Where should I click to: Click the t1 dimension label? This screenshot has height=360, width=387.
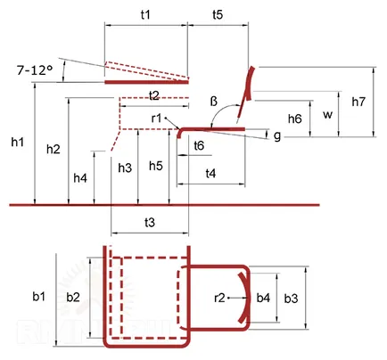[x=145, y=14]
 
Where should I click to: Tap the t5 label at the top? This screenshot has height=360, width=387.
[x=218, y=14]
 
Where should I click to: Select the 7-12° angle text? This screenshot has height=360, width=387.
[x=35, y=70]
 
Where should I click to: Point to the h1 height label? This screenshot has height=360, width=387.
[x=17, y=143]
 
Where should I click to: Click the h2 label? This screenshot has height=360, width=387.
[x=54, y=149]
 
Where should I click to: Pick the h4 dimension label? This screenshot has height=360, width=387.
[x=80, y=178]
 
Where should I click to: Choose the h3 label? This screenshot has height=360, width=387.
[x=125, y=168]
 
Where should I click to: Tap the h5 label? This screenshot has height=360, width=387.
[x=156, y=166]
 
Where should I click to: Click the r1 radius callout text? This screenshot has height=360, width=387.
[x=156, y=119]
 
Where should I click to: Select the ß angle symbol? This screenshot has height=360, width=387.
[x=214, y=102]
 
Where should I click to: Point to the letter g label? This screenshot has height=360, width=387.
[x=277, y=136]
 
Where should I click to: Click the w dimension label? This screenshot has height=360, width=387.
[x=327, y=115]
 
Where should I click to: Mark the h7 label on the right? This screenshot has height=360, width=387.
[x=358, y=102]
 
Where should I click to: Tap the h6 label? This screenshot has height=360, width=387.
[x=294, y=119]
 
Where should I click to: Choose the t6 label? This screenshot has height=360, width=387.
[x=199, y=145]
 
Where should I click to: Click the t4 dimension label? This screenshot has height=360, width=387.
[x=210, y=173]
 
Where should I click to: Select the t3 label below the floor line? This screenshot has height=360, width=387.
[x=150, y=222]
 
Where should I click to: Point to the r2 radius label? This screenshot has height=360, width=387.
[x=219, y=298]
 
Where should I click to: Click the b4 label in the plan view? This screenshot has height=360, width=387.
[x=263, y=298]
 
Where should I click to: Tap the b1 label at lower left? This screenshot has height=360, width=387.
[x=39, y=296]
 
